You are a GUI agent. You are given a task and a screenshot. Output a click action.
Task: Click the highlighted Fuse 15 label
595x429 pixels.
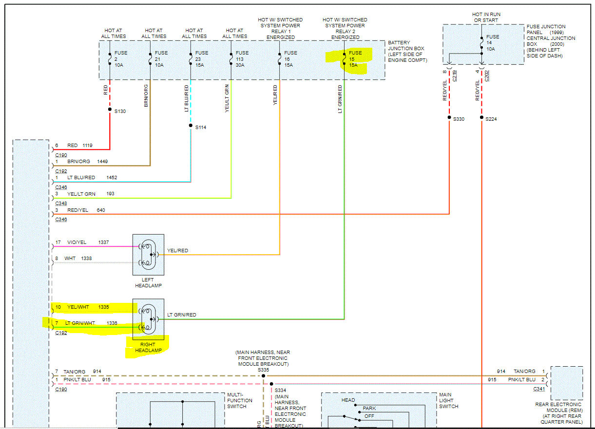355,59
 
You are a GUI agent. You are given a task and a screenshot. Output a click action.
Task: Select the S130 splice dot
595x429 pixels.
110,110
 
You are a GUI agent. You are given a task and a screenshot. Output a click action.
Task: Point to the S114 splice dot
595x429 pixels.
191,126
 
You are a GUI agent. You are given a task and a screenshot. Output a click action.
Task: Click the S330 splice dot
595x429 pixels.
449,118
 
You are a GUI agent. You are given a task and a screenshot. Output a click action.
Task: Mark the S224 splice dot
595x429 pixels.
481,118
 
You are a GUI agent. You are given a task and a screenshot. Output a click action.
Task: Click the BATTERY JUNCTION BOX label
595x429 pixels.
406,51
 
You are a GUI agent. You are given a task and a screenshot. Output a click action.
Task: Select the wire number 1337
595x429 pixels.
104,242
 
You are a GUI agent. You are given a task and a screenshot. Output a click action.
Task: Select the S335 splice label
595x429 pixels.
263,370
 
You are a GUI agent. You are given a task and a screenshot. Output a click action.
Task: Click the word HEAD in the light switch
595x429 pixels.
348,400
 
